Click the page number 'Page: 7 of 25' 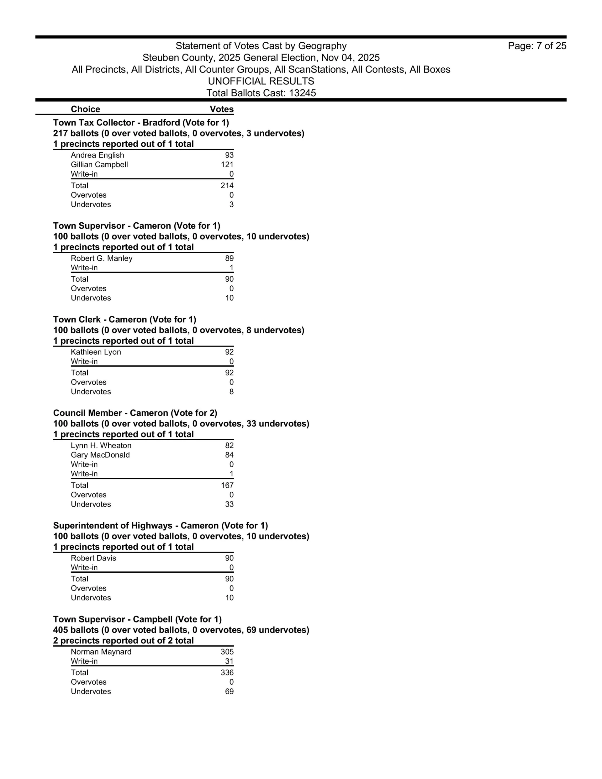537,46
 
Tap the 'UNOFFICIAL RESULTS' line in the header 261,81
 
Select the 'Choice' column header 85,109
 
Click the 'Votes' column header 221,109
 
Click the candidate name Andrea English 98,155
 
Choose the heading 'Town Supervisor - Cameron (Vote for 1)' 137,226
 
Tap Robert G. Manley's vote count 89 229,258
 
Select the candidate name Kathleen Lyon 96,352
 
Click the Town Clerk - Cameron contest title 124,320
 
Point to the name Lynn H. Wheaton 101,446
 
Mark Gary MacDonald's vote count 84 229,455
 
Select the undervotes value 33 229,504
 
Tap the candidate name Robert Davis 93,558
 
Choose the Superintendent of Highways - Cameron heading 161,526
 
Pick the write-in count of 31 229,661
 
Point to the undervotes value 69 229,692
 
